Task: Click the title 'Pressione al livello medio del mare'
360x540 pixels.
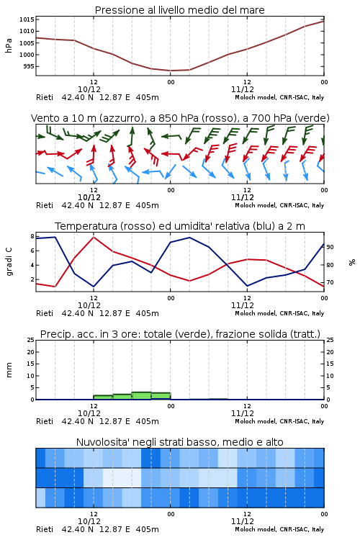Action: click(179, 10)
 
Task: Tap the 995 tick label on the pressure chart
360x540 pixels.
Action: click(29, 66)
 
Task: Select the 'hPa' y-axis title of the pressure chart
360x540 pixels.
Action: click(9, 45)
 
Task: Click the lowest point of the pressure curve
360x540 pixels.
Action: click(171, 71)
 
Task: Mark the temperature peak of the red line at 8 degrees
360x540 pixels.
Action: click(94, 237)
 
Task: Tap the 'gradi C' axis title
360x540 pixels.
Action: click(9, 262)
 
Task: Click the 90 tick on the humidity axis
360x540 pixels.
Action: click(330, 247)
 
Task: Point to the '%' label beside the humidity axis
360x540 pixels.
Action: click(352, 262)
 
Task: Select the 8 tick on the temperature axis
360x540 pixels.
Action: click(32, 236)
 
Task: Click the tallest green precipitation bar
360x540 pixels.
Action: click(142, 396)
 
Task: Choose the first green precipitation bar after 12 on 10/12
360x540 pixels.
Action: click(103, 397)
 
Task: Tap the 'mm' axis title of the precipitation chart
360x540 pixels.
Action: click(9, 370)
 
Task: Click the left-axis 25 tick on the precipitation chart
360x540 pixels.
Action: click(31, 340)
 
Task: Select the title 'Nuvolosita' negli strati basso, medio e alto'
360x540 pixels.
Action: click(179, 442)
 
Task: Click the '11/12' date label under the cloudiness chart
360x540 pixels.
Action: click(243, 521)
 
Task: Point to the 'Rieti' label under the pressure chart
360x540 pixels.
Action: click(45, 97)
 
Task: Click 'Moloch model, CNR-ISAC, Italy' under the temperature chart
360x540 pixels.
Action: click(279, 313)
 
